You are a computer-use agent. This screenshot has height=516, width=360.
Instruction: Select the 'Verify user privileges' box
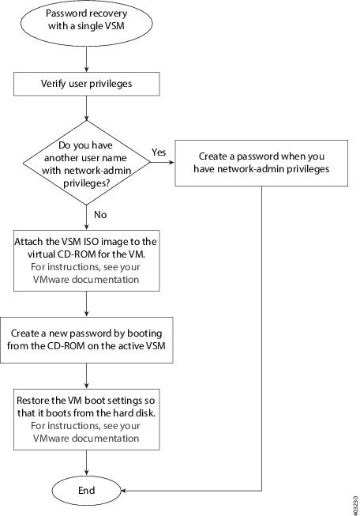[x=87, y=81]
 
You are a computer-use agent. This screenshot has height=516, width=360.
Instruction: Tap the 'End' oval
[x=87, y=490]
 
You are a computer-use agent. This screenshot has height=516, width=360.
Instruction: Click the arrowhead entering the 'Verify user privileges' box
[x=87, y=70]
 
